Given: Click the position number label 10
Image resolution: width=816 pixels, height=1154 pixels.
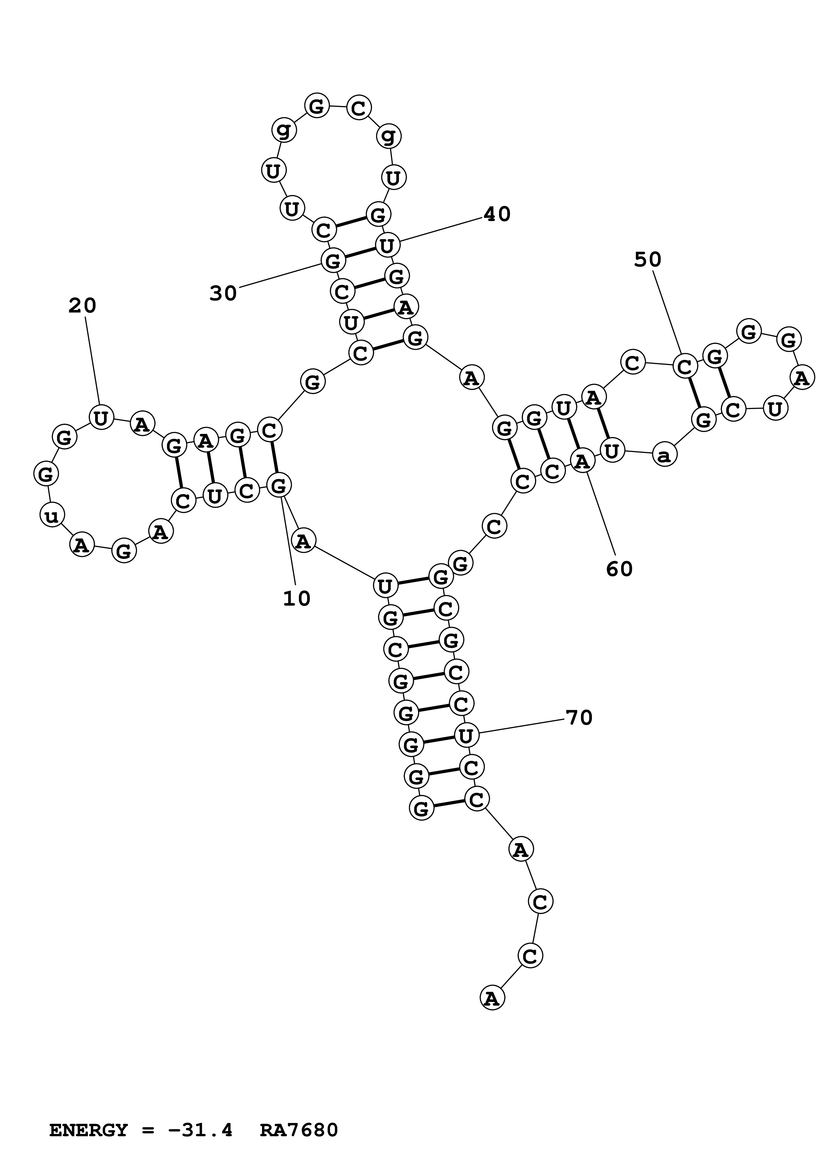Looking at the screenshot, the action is point(297,599).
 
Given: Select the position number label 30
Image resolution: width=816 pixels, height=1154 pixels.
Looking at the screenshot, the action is point(223,293).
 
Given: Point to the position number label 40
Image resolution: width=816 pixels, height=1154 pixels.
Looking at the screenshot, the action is point(497,214).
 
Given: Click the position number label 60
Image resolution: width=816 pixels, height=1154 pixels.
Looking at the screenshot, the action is point(619,569).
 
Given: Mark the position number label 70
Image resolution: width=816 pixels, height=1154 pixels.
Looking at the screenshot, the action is point(579,718).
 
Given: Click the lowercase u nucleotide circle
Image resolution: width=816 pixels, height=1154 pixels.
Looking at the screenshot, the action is point(52,515).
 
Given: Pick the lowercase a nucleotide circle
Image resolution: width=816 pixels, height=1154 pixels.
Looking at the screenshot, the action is point(664,455).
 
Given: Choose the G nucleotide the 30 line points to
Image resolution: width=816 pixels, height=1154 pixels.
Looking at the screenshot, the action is point(333,261).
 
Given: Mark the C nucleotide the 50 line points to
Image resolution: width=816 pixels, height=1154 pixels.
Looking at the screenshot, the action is point(685,367).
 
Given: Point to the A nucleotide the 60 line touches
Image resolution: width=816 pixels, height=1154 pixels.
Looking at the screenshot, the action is point(582,461).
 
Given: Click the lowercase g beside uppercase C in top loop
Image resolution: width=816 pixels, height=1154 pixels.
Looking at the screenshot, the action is point(389,136).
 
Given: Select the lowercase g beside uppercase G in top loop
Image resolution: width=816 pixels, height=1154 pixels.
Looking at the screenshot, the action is point(284,130).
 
